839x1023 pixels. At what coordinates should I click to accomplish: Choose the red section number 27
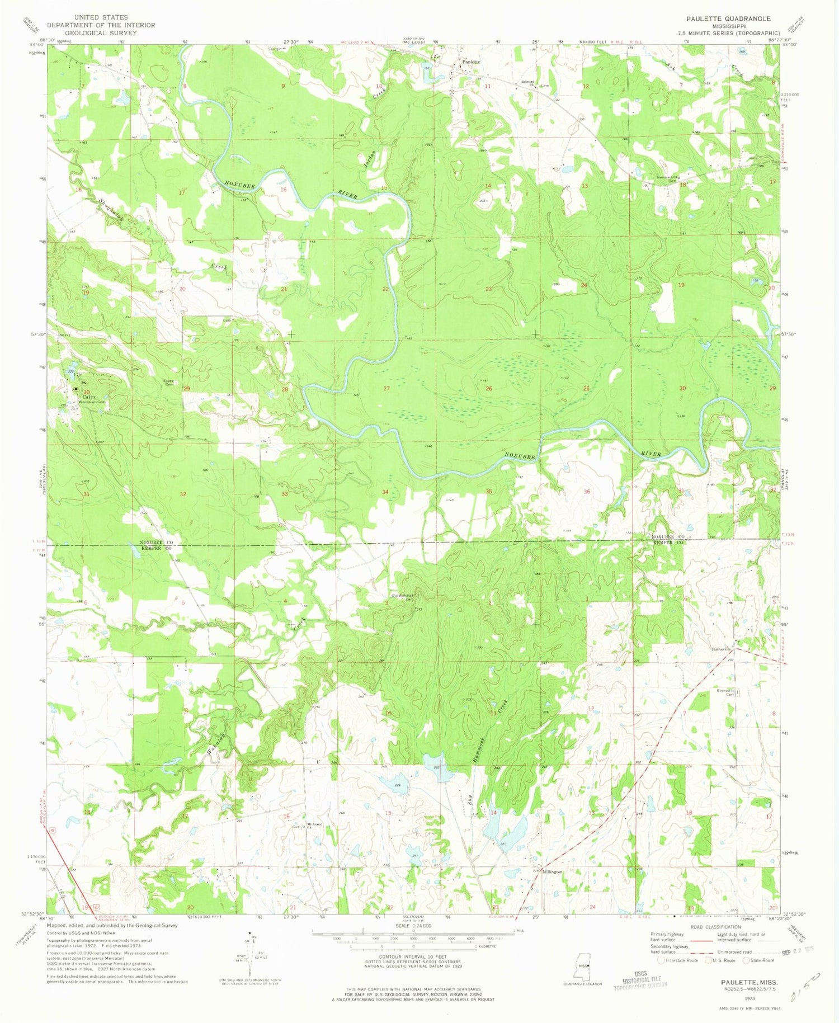coord(386,388)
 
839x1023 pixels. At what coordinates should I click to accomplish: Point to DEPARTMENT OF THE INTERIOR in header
coord(101,25)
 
